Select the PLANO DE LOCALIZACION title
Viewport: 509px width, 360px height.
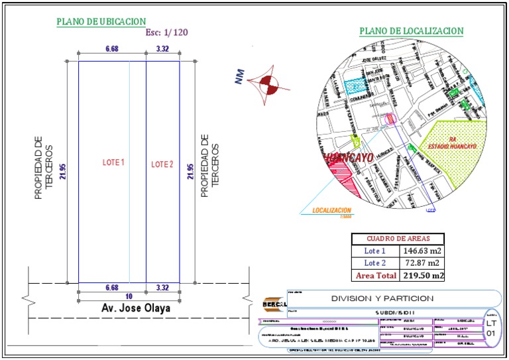pos(411,31)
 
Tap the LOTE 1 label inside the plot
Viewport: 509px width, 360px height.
pos(113,162)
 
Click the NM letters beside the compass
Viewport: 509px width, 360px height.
pos(238,78)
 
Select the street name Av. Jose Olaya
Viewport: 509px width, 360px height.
pos(136,308)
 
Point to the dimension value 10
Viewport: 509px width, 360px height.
pos(129,295)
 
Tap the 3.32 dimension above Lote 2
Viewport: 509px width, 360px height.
pos(162,48)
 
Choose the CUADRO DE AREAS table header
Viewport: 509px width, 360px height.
pos(398,239)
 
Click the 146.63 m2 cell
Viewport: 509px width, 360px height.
pos(422,251)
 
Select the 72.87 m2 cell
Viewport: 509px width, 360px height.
pos(422,263)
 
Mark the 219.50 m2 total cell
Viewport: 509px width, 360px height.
pos(422,275)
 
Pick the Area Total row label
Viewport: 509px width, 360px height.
pos(374,275)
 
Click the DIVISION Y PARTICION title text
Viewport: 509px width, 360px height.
pos(382,298)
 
